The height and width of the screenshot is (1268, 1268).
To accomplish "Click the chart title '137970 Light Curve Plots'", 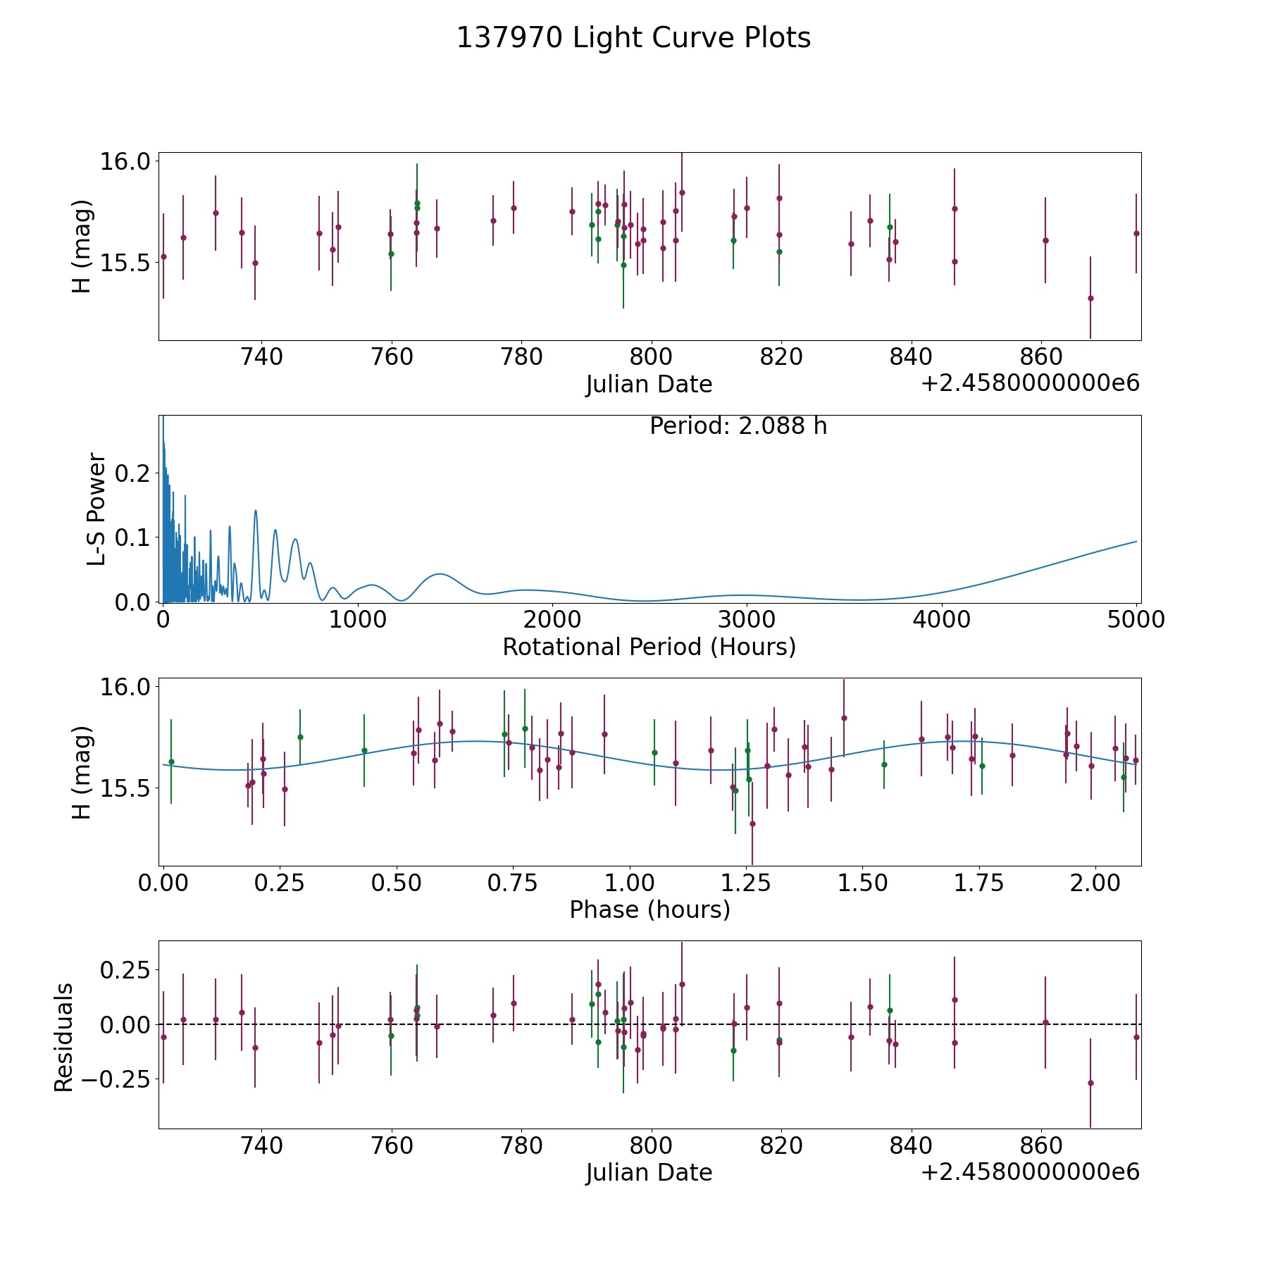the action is (x=633, y=38).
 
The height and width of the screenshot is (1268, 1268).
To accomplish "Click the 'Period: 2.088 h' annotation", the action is (x=738, y=425).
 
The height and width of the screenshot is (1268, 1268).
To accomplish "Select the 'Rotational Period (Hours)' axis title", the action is (x=649, y=647).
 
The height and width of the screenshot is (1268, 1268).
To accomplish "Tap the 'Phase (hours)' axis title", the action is (x=649, y=909).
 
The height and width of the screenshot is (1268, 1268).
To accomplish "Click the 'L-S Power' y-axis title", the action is (x=97, y=509).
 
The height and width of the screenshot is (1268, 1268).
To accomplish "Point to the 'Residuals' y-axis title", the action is (x=63, y=1037).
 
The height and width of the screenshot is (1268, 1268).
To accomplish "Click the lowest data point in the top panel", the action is (x=1090, y=298).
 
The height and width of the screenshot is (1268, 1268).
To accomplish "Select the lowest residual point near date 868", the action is (x=1090, y=1083).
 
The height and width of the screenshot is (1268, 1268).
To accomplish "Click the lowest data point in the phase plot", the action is (x=752, y=823).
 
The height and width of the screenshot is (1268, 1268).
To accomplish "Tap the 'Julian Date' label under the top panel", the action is (x=649, y=384).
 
